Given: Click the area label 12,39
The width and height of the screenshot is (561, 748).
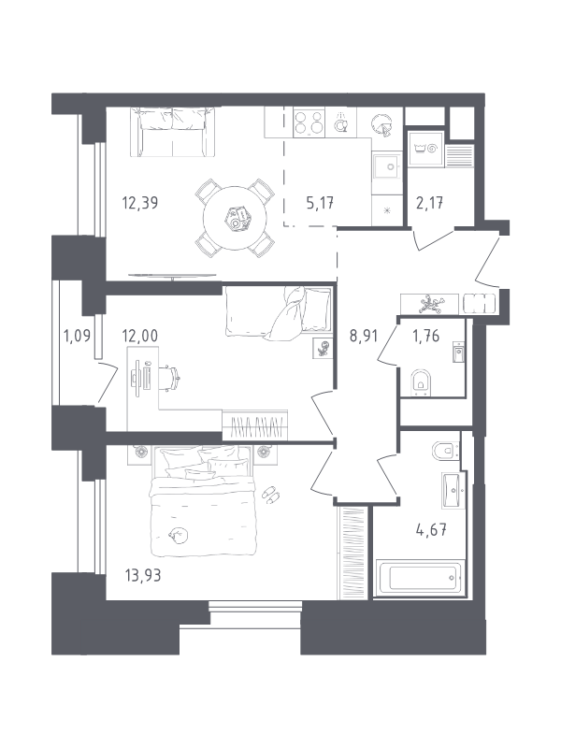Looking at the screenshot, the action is coord(140,203).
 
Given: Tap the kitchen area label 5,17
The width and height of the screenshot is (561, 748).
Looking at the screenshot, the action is coord(320,203).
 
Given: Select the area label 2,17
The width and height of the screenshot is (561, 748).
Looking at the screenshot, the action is coord(429,203).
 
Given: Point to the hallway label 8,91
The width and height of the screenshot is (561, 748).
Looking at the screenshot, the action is coord(364,336).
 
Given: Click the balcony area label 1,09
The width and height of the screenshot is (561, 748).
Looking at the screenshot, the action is coord(77,336).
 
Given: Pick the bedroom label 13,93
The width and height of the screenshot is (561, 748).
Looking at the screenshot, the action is coord(143,576).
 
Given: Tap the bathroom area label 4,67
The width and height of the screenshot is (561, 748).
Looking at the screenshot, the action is coord(432,529).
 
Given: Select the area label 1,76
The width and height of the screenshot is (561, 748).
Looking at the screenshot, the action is coord(425,336).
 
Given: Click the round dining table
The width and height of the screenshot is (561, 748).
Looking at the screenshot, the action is coord(235,218).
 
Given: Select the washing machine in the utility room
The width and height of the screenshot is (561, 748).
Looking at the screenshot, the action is coord(425,149).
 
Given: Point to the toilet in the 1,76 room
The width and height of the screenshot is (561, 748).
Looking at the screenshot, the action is coord(421,382).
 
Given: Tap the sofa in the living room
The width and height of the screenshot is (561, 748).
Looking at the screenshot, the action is coord(173,132).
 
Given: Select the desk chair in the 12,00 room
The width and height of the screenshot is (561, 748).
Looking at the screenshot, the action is coord(173,379).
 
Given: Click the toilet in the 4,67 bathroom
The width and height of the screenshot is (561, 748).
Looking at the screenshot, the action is coord(445,450).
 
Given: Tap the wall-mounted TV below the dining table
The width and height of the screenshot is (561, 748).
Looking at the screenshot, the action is coord(173,275).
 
